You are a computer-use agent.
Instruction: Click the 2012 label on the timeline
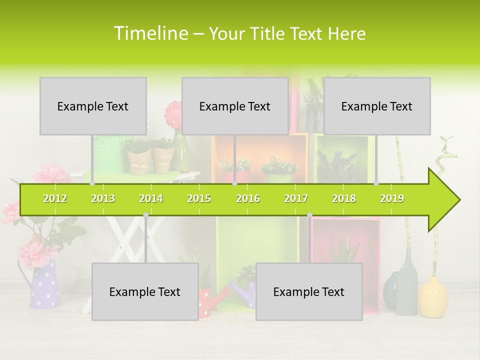55,198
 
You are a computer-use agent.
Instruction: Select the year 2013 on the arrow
103,198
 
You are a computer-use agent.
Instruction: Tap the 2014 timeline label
151,198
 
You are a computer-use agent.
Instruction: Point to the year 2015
199,198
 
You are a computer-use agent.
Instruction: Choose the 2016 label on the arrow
248,198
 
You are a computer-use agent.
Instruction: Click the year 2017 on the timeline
296,198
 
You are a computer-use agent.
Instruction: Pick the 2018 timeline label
344,198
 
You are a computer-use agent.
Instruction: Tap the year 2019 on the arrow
392,198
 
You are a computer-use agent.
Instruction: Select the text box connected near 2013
93,106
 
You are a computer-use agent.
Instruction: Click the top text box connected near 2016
235,106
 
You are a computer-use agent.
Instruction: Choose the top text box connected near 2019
377,106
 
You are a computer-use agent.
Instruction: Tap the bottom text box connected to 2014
145,291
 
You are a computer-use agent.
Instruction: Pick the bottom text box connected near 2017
309,291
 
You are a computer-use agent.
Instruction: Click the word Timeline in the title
150,33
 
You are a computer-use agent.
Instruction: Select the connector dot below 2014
145,215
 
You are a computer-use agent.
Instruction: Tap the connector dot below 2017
309,215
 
